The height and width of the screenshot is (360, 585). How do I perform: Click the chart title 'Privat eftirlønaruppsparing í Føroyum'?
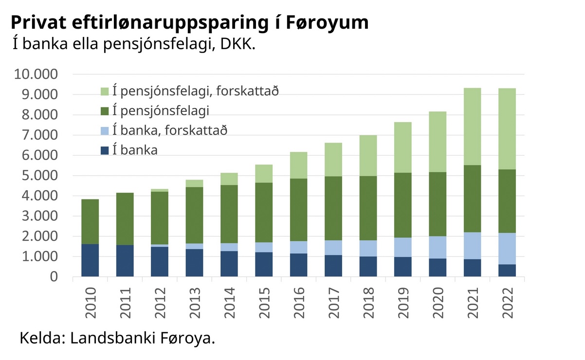point(189,23)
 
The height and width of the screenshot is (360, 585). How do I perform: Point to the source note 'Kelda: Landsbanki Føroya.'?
point(117,339)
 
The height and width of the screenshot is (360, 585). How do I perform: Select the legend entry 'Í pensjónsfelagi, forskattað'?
point(195,91)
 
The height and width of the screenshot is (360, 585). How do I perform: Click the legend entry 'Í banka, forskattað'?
point(169,130)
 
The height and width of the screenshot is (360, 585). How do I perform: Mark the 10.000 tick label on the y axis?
point(37,75)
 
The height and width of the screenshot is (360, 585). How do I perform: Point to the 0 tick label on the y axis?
point(54,277)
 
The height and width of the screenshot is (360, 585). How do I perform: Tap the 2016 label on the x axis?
point(299,303)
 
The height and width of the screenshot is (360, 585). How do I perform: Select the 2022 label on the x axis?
point(508,303)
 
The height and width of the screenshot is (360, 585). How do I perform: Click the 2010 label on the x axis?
point(90,303)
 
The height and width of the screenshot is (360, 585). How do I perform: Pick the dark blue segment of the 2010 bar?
point(90,260)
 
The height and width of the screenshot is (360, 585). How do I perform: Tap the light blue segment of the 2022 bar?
point(507,249)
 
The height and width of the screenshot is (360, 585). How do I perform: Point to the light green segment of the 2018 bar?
point(368,156)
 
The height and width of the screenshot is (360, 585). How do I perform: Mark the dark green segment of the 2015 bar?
point(264,213)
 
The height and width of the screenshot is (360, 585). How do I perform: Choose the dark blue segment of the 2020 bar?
point(438,268)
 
